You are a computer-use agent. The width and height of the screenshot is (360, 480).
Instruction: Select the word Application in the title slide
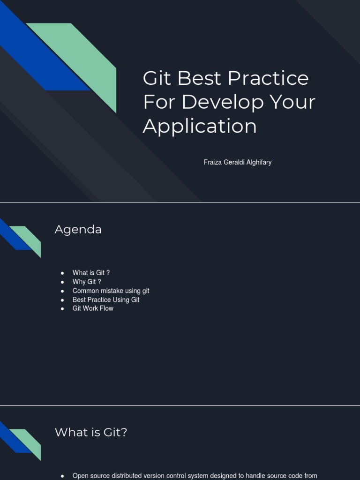click(x=200, y=126)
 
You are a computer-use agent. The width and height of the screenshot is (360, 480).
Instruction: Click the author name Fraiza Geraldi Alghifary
click(x=238, y=162)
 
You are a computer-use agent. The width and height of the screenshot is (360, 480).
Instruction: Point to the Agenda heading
click(x=78, y=229)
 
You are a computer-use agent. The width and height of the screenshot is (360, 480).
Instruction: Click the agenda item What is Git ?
click(x=91, y=273)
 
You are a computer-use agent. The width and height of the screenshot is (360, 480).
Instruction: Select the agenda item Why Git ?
click(x=87, y=282)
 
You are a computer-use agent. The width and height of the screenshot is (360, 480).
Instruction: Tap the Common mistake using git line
click(x=111, y=291)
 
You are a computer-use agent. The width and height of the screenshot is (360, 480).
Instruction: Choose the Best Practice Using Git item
click(x=106, y=300)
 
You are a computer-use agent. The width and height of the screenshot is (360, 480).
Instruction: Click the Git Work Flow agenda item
click(x=93, y=308)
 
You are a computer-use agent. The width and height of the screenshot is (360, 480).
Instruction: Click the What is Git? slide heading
click(x=91, y=432)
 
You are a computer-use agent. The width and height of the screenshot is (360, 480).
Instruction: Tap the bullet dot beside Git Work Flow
click(x=62, y=309)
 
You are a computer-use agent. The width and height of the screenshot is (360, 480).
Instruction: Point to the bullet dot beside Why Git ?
click(x=62, y=282)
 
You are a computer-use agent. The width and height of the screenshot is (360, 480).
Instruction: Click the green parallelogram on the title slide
click(x=89, y=61)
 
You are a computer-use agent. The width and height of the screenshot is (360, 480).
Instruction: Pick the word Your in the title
click(x=296, y=102)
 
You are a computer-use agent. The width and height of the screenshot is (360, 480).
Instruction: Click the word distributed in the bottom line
click(x=130, y=476)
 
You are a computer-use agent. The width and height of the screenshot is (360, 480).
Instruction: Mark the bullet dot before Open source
click(x=62, y=476)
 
